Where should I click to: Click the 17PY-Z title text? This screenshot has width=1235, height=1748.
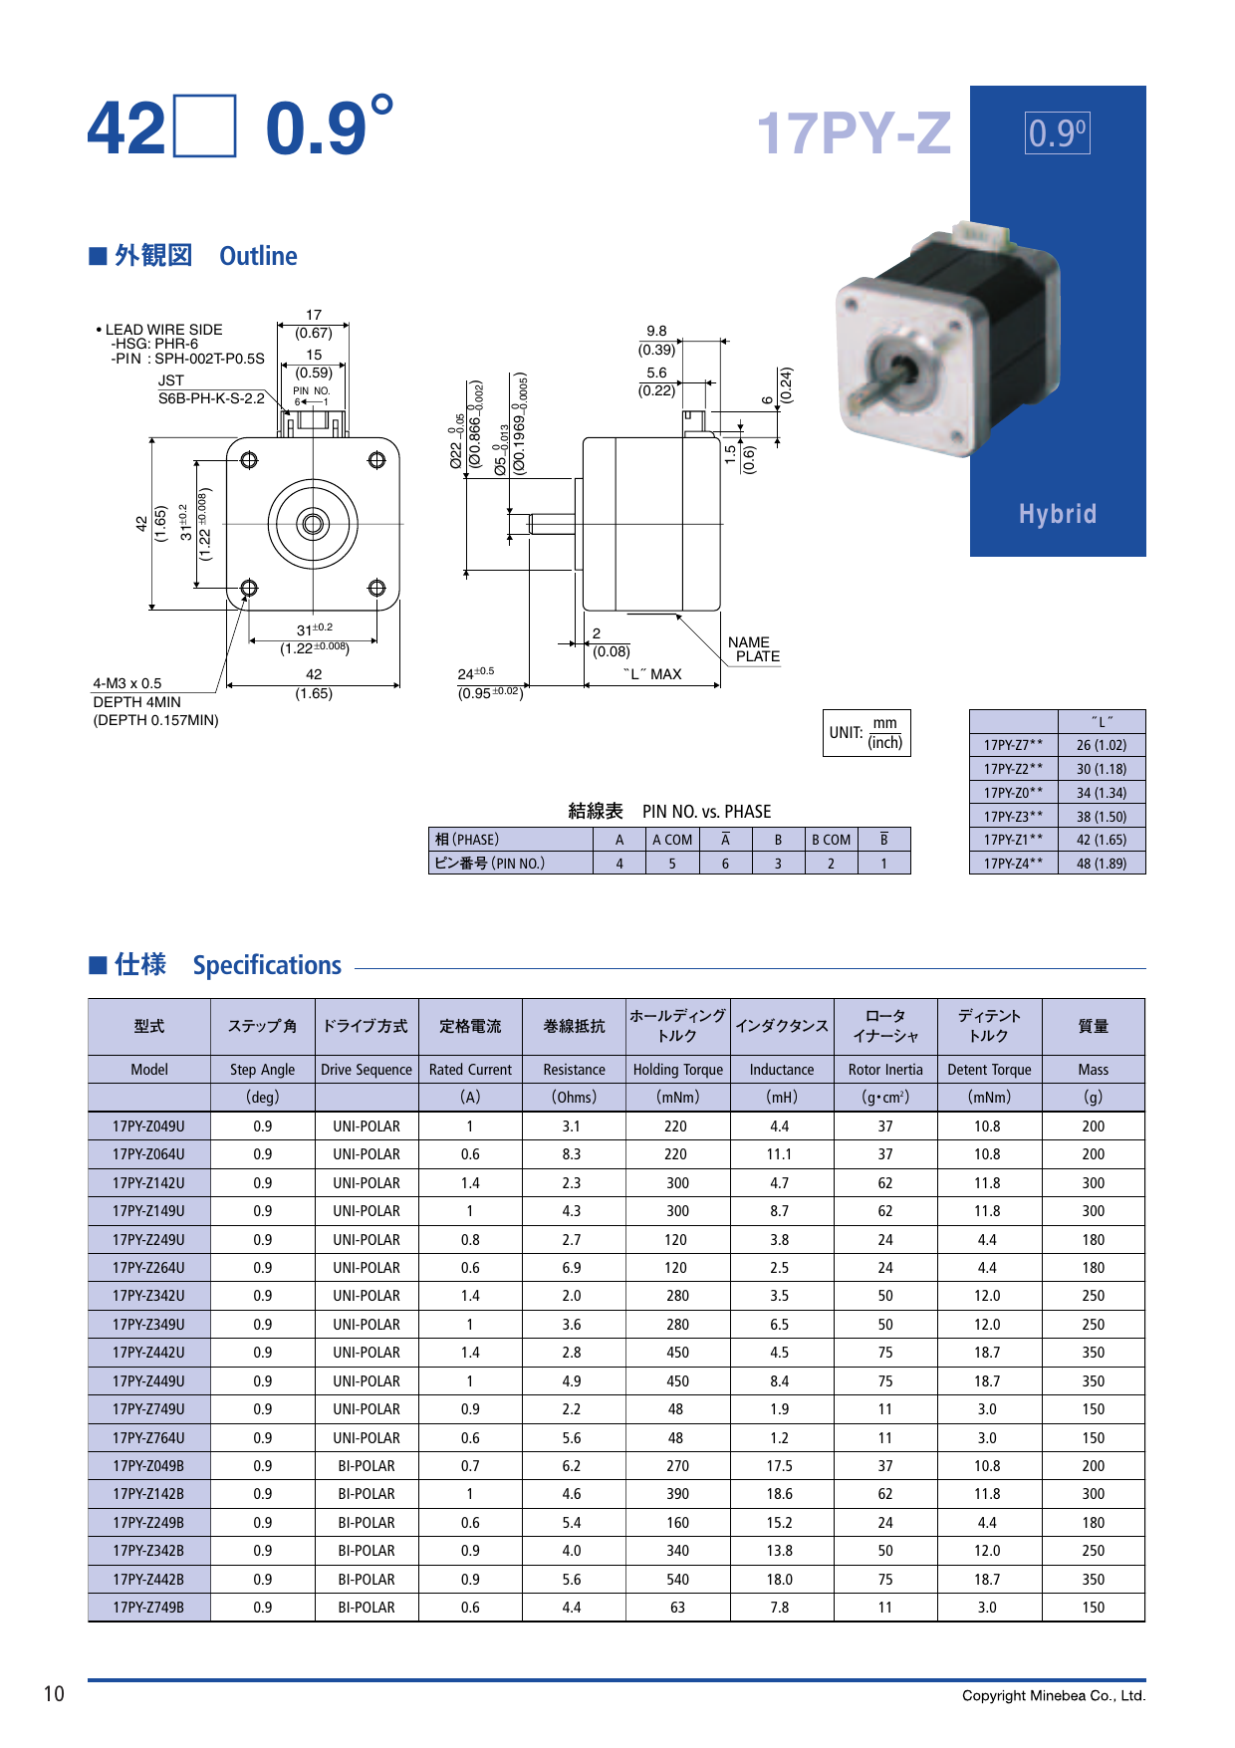coord(854,133)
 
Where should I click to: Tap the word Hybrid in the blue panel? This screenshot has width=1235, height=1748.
coord(1057,514)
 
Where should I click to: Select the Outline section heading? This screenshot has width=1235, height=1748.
coord(258,256)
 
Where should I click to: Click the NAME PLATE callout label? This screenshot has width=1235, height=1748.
coord(754,649)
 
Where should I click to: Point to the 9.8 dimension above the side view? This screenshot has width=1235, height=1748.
coord(656,331)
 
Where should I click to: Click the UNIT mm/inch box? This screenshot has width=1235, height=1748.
coord(866,733)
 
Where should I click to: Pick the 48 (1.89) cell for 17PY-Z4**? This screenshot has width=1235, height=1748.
coord(1101,864)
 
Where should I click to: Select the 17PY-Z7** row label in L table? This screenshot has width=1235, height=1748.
coord(1013,745)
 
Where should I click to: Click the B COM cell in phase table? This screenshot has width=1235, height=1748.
coord(831,840)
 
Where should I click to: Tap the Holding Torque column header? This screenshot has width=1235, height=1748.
coord(677,1069)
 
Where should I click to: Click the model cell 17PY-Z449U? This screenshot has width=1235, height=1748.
coord(148,1381)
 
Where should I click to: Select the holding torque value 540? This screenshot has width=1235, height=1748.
coord(677,1580)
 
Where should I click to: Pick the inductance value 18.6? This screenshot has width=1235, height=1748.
coord(780,1494)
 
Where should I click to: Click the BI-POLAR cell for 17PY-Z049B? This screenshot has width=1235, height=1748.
coord(366,1466)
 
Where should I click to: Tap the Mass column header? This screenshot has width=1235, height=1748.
coord(1093,1069)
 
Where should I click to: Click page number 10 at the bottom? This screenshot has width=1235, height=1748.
coord(54,1694)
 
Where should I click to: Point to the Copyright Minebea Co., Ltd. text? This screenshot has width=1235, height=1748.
coord(1053,1696)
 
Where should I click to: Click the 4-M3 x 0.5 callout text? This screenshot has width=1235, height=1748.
coord(126,683)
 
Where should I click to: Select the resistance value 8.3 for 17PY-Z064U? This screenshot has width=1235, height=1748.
coord(571,1154)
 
